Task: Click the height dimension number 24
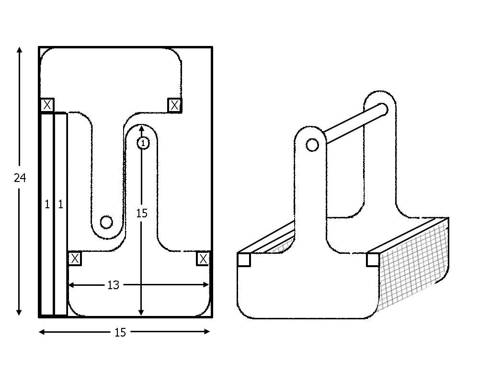point(20,178)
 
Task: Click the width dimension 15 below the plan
point(120,332)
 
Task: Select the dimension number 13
point(113,285)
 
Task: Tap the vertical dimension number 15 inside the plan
point(142,213)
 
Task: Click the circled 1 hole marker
point(143,143)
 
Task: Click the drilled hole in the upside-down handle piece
point(106,222)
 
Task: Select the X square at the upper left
point(47,105)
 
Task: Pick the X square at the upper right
point(175,105)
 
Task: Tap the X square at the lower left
point(75,259)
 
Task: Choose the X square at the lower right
point(203,259)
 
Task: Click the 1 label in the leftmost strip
point(47,204)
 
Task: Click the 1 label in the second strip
point(60,204)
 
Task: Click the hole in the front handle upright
point(312,145)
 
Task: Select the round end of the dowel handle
point(382,109)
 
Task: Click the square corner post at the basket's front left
point(244,259)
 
